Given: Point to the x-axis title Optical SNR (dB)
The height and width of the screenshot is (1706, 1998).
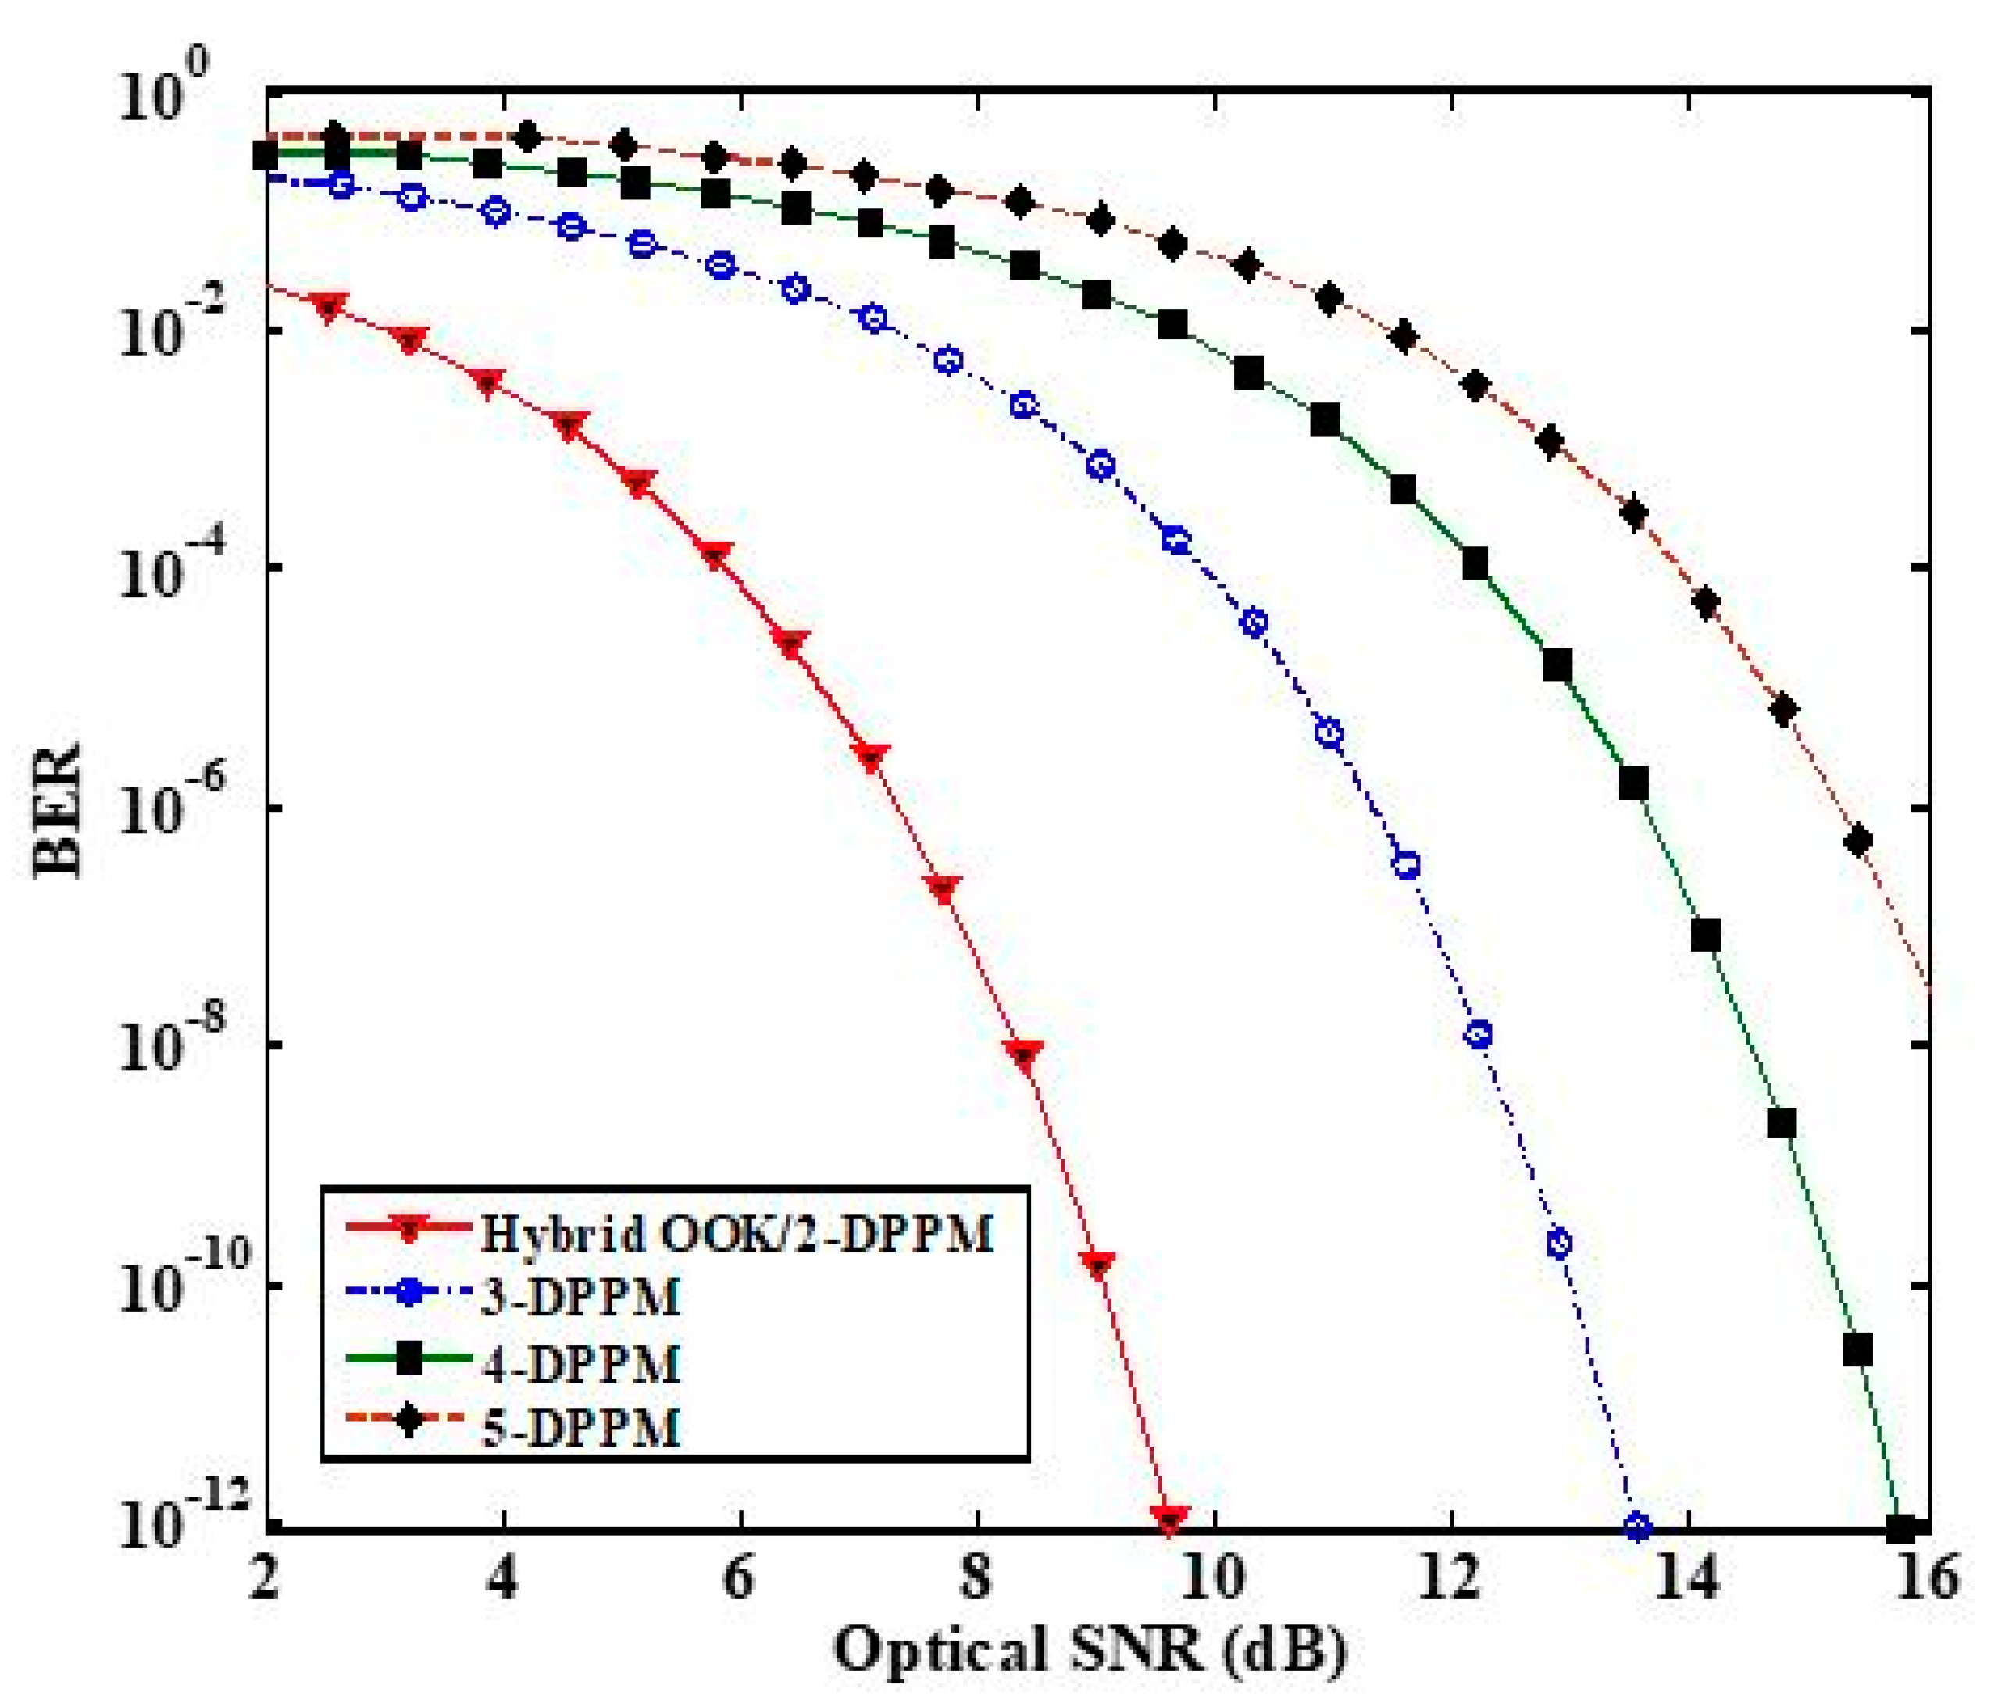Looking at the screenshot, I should pos(1090,1649).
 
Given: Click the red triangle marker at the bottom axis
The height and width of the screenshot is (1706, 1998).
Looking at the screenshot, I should pos(1170,1521).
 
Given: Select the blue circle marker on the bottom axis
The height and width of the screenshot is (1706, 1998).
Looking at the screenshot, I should pos(1637,1526).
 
